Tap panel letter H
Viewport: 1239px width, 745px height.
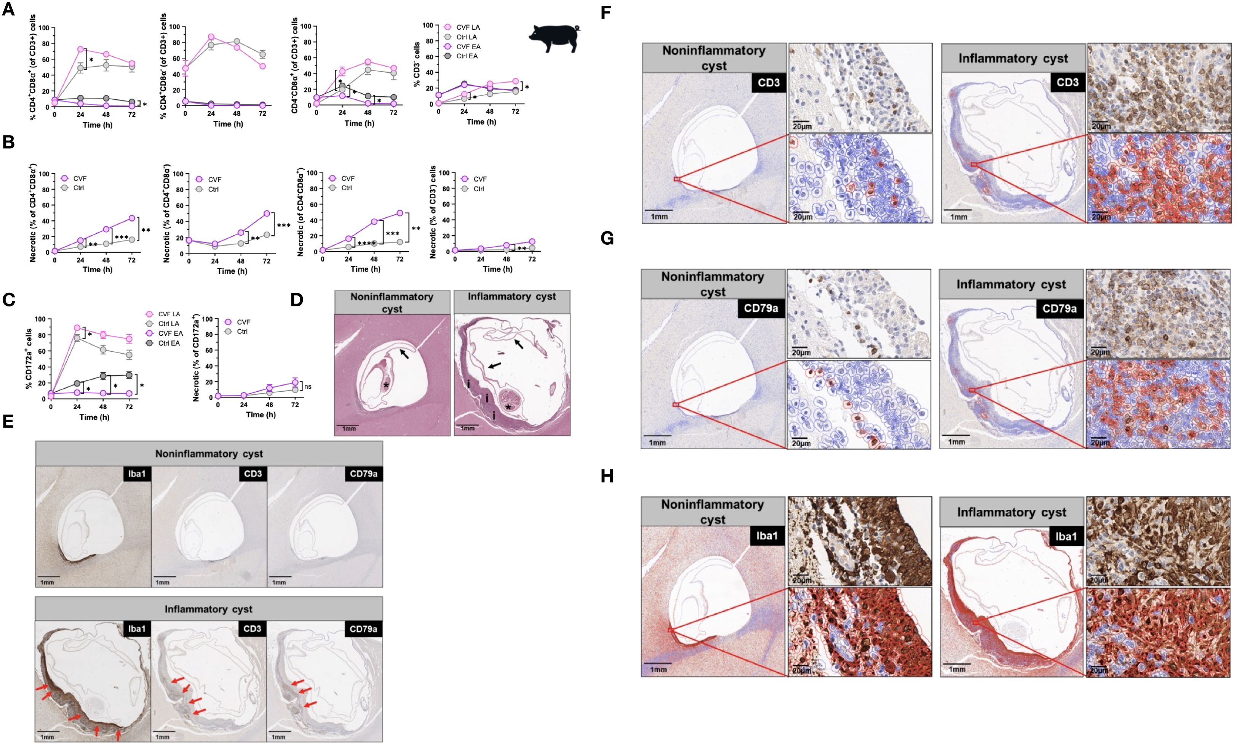[x=607, y=476]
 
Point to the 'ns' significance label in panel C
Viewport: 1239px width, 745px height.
[x=308, y=386]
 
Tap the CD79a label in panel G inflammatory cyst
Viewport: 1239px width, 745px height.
[x=1059, y=309]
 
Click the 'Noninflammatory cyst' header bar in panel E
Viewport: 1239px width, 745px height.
[x=209, y=454]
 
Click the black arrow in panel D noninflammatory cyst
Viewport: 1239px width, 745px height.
[x=404, y=353]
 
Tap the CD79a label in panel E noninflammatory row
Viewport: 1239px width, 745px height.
[x=363, y=474]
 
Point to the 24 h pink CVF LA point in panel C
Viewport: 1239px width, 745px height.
[x=77, y=328]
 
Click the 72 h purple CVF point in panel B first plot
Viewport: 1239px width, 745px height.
[x=131, y=218]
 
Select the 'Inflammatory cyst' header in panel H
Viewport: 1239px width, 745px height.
[x=1011, y=512]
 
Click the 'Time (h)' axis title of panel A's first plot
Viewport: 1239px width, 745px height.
[x=98, y=125]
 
